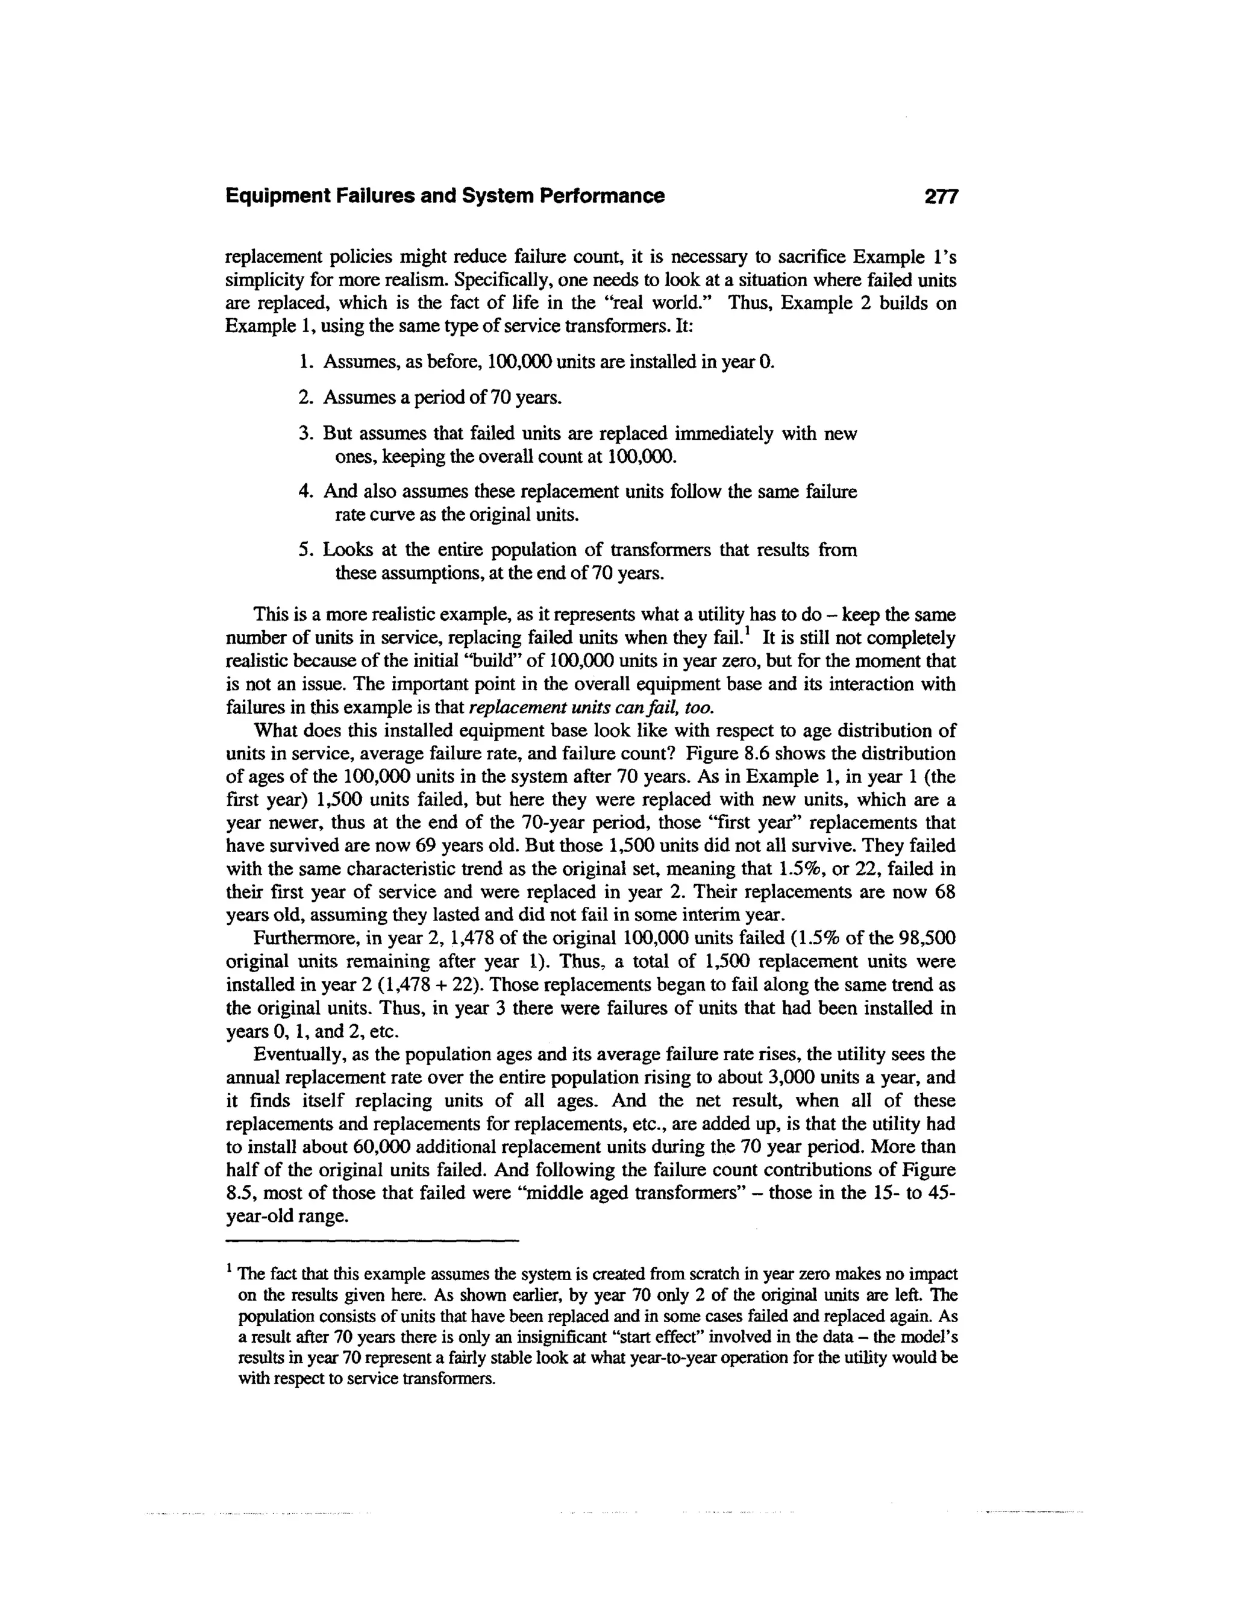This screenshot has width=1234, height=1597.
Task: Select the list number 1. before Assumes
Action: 306,362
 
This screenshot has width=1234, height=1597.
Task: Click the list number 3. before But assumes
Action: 306,434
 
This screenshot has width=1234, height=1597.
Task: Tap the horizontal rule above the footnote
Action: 372,1241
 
